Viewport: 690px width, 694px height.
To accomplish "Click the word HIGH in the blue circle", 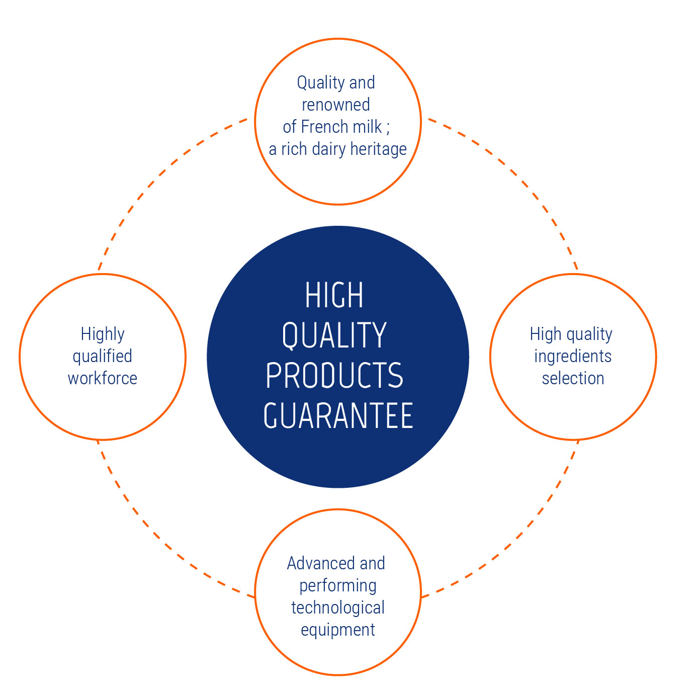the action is pyautogui.click(x=334, y=295).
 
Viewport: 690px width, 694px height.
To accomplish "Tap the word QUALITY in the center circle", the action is pyautogui.click(x=334, y=335).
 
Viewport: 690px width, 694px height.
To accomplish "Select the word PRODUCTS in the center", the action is pyautogui.click(x=334, y=375).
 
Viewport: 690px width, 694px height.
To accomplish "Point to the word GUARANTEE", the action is pyautogui.click(x=338, y=415).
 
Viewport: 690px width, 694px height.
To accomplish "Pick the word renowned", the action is pyautogui.click(x=336, y=105).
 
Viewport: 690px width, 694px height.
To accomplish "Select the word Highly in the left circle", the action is pyautogui.click(x=103, y=335).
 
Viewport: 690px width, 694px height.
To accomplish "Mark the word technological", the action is pyautogui.click(x=338, y=608).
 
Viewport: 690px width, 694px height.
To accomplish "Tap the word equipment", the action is pyautogui.click(x=338, y=631).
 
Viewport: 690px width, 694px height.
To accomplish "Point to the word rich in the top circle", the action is pyautogui.click(x=294, y=149).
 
